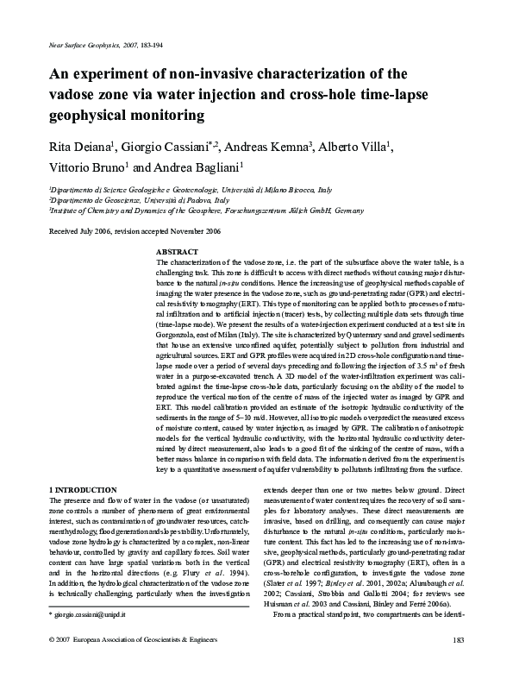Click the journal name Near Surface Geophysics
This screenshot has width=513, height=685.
click(x=73, y=43)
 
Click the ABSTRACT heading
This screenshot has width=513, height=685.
click(x=176, y=252)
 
